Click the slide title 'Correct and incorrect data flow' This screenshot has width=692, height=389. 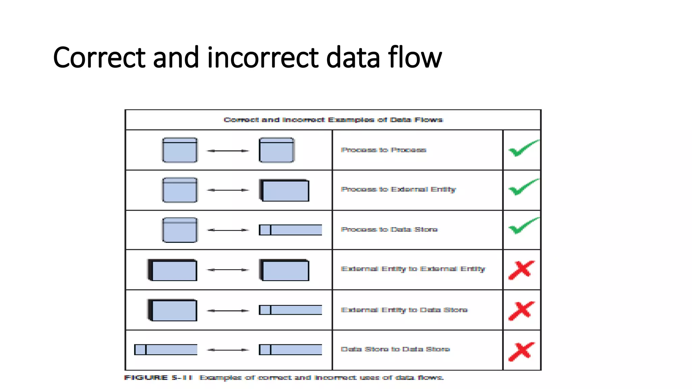[x=247, y=57]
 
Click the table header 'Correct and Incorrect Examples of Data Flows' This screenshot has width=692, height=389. [x=333, y=120]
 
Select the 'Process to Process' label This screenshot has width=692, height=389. [x=384, y=150]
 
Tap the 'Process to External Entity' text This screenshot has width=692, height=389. [x=398, y=189]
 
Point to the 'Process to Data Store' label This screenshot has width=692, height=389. [x=389, y=230]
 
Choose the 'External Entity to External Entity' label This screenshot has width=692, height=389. [x=413, y=269]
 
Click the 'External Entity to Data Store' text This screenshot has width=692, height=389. [x=404, y=310]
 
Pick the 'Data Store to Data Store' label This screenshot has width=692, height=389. [x=395, y=349]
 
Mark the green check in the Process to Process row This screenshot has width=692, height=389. [x=523, y=149]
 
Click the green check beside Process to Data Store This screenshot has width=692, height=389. [x=523, y=226]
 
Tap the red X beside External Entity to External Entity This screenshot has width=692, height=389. [x=522, y=270]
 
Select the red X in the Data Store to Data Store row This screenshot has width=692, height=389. [x=522, y=352]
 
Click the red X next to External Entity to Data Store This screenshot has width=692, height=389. [x=522, y=310]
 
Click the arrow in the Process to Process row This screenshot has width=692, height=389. [x=228, y=151]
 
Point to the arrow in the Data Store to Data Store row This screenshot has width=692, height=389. [x=228, y=350]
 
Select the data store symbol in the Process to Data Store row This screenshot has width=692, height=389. [x=290, y=230]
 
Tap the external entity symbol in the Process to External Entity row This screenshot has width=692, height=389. [x=284, y=190]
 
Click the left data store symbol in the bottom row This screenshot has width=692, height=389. [x=166, y=349]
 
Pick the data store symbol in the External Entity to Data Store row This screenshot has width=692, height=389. [x=290, y=310]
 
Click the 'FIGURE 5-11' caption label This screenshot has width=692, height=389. [x=158, y=378]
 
